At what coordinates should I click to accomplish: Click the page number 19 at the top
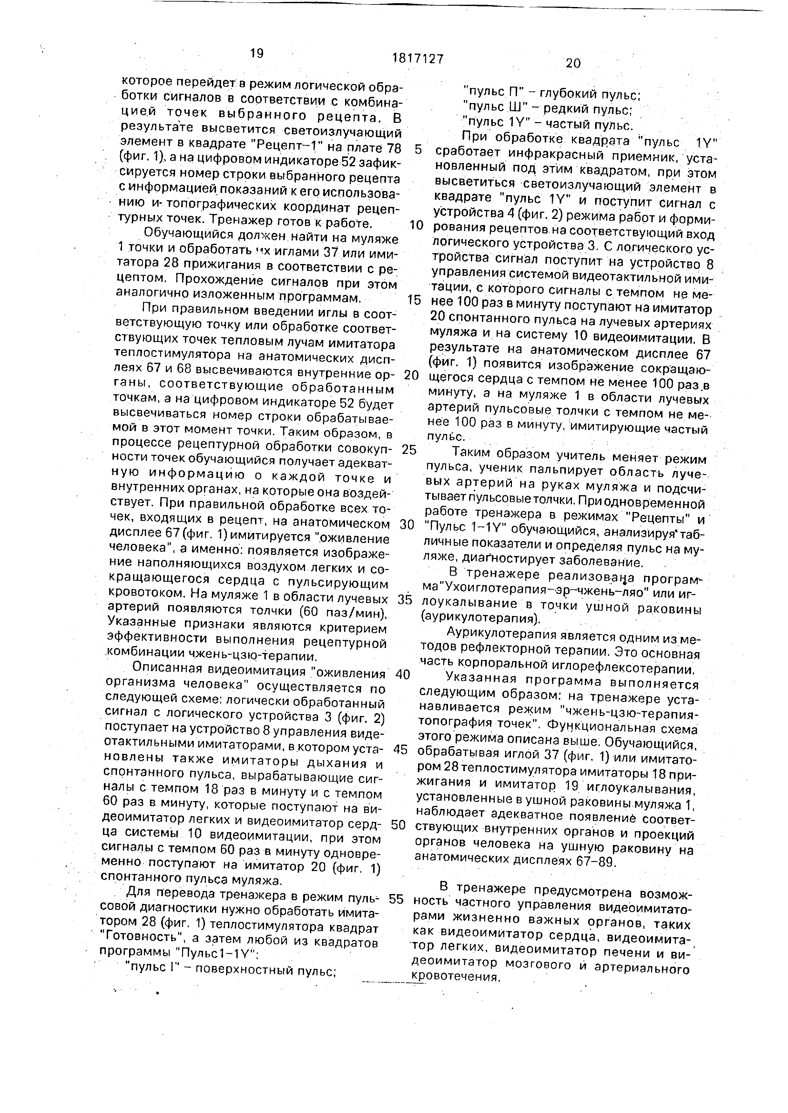pyautogui.click(x=257, y=53)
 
